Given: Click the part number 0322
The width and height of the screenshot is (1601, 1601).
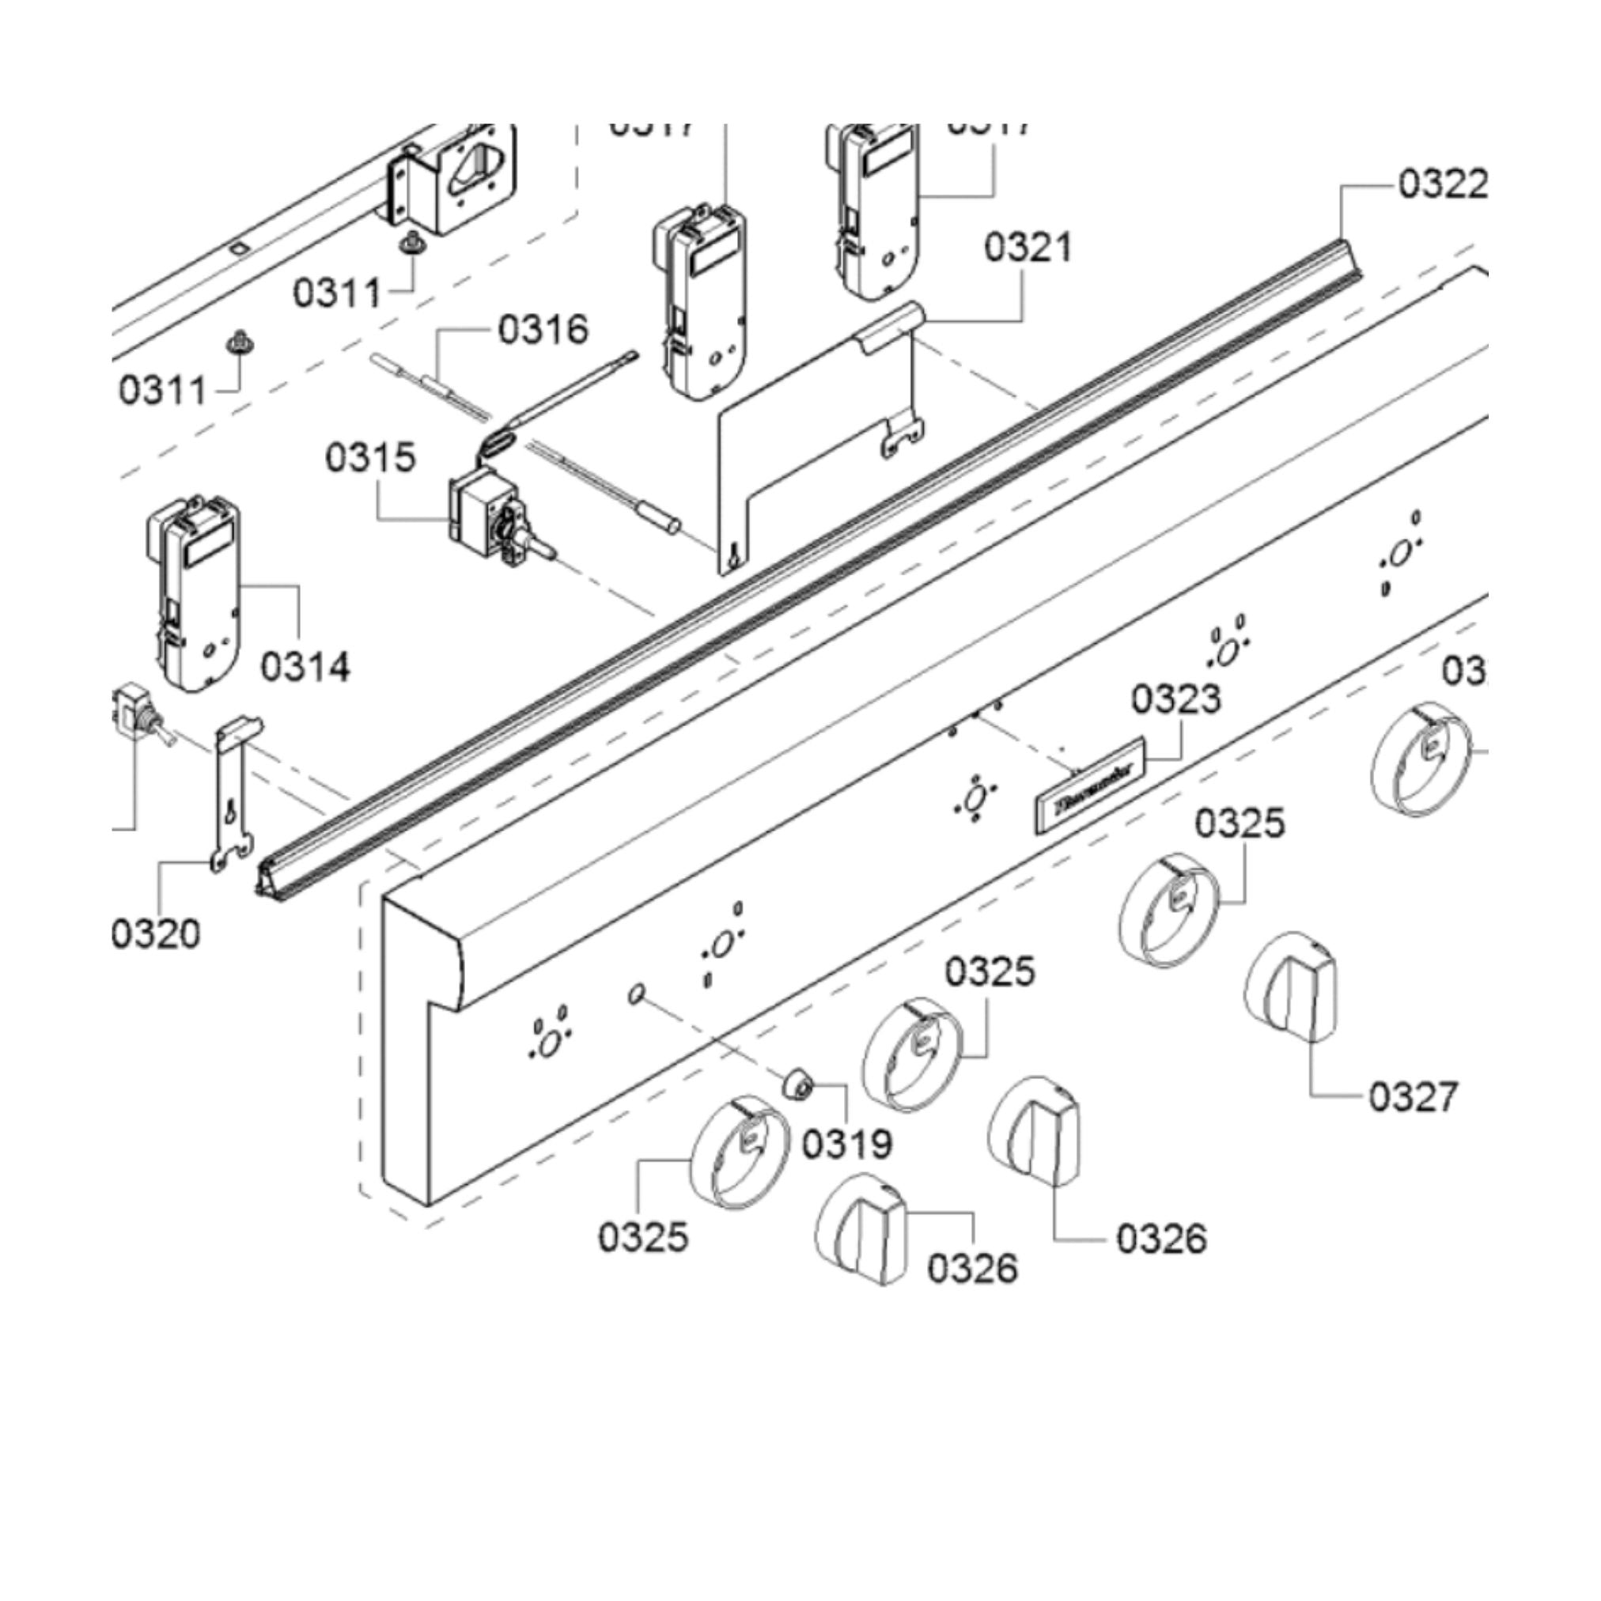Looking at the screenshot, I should point(1443,184).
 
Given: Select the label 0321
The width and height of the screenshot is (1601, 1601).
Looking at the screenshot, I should point(1028,248).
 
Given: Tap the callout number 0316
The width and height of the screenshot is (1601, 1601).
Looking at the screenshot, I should point(543,330).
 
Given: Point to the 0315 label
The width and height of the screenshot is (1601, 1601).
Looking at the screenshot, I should point(369,457).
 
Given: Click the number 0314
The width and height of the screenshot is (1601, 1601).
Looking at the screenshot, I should point(306,666).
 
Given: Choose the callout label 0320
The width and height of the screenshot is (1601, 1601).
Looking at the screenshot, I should point(156,935).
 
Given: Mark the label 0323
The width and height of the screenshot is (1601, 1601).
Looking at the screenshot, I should point(1176,700).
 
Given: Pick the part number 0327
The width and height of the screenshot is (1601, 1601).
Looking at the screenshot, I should point(1412,1097).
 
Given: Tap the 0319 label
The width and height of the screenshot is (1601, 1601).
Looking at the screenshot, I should point(847,1145).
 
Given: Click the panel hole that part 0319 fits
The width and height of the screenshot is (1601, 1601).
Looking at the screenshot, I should point(637,994).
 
